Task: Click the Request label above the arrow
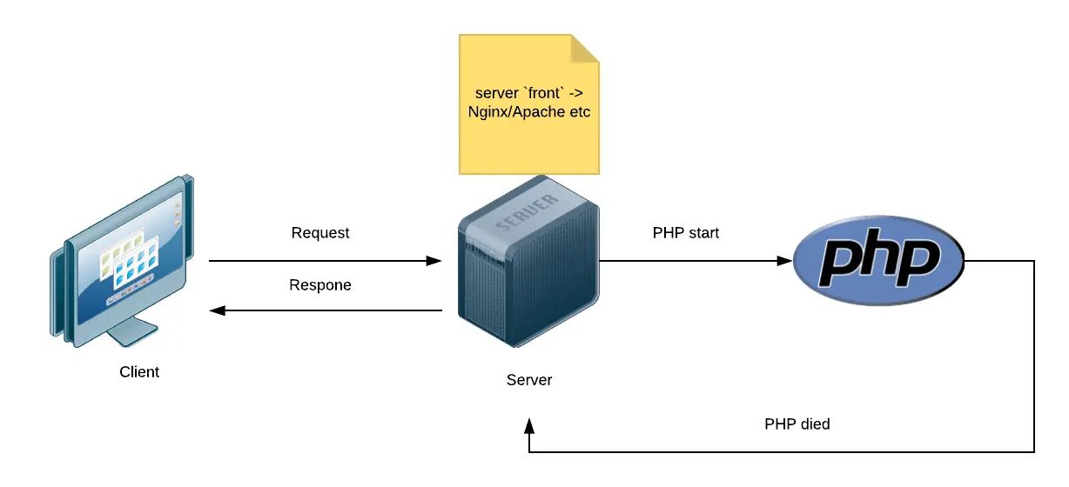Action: point(320,233)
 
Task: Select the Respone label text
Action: point(320,285)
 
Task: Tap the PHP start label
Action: point(686,233)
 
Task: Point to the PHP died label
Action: point(797,424)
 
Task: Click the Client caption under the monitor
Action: point(139,372)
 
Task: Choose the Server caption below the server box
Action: point(529,380)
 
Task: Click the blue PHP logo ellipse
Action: point(879,261)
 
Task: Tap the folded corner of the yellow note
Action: point(585,49)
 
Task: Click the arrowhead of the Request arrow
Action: point(435,260)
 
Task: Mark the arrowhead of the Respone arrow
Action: point(218,310)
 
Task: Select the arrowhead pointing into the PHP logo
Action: point(785,260)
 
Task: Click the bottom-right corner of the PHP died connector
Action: point(1033,452)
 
